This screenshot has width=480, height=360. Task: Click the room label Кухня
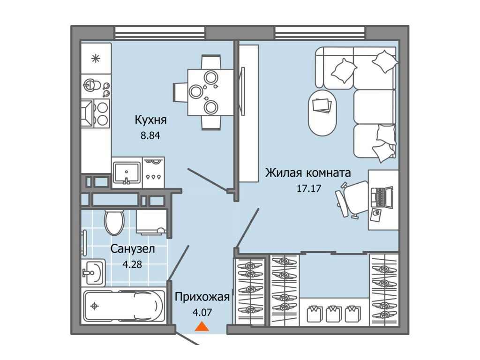tap(150, 120)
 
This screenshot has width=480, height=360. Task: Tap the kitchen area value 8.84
tap(150, 135)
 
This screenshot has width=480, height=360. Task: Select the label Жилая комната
tap(308, 173)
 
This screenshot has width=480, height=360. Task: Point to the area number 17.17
tap(309, 188)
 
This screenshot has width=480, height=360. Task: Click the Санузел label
tap(133, 248)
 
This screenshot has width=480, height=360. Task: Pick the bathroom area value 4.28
tap(132, 264)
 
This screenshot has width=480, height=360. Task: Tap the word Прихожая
tap(202, 297)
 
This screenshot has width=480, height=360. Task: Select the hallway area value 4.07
tap(202, 313)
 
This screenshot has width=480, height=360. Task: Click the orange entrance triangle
tap(202, 327)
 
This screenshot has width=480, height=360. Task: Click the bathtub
tap(124, 306)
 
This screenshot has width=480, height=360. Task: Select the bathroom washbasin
tap(93, 272)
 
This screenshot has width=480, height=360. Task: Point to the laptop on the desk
tap(382, 197)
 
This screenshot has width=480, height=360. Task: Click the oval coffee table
tap(322, 112)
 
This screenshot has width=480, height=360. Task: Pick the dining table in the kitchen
tap(211, 92)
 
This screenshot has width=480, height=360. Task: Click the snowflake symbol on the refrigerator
tap(96, 58)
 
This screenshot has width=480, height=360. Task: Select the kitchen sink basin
tap(127, 173)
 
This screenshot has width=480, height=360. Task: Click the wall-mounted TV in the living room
tap(243, 91)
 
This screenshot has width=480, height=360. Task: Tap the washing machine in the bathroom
tap(151, 222)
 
